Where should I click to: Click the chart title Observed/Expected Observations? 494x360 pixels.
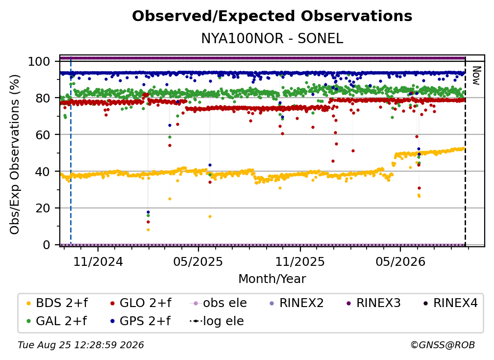[x=272, y=16]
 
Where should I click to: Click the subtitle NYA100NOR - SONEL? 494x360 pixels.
[x=272, y=38]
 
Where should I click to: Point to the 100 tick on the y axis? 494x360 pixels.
[x=39, y=61]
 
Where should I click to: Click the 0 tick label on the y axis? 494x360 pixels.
[x=47, y=245]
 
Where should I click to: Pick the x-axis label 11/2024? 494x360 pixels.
[x=98, y=261]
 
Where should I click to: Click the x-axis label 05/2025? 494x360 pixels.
[x=198, y=261]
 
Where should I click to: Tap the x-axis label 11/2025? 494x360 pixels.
[x=300, y=261]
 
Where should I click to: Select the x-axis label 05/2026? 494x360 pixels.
[x=400, y=261]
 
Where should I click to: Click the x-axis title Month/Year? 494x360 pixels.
[x=272, y=279]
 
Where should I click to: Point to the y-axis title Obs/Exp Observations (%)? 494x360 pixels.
[x=15, y=154]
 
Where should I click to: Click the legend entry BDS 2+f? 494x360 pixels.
[x=57, y=303]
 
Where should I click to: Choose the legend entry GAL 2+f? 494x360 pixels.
[x=56, y=321]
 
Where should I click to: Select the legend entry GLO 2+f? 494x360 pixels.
[x=141, y=303]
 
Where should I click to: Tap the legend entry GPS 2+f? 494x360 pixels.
[x=140, y=321]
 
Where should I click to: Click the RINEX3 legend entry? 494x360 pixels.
[x=373, y=303]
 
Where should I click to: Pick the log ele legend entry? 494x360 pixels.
[x=217, y=321]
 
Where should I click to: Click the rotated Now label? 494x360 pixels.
[x=476, y=76]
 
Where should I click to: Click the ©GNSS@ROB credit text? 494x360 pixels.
[x=443, y=345]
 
